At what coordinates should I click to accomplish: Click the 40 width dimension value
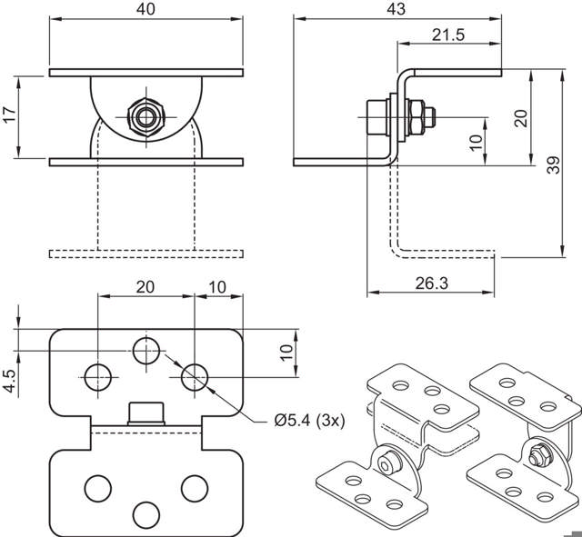pyautogui.click(x=146, y=9)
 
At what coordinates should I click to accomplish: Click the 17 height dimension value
pyautogui.click(x=10, y=115)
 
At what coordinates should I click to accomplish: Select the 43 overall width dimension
pyautogui.click(x=396, y=9)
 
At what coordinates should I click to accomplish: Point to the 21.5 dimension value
pyautogui.click(x=447, y=35)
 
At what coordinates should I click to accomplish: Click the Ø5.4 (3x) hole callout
pyautogui.click(x=308, y=420)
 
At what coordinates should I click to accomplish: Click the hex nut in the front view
pyautogui.click(x=145, y=116)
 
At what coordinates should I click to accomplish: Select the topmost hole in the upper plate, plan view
pyautogui.click(x=145, y=347)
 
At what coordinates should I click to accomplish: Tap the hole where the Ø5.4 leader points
pyautogui.click(x=194, y=374)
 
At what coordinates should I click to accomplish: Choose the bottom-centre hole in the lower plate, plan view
pyautogui.click(x=145, y=513)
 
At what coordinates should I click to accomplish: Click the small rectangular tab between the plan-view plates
pyautogui.click(x=145, y=414)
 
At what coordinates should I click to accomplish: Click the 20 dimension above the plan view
pyautogui.click(x=145, y=286)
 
